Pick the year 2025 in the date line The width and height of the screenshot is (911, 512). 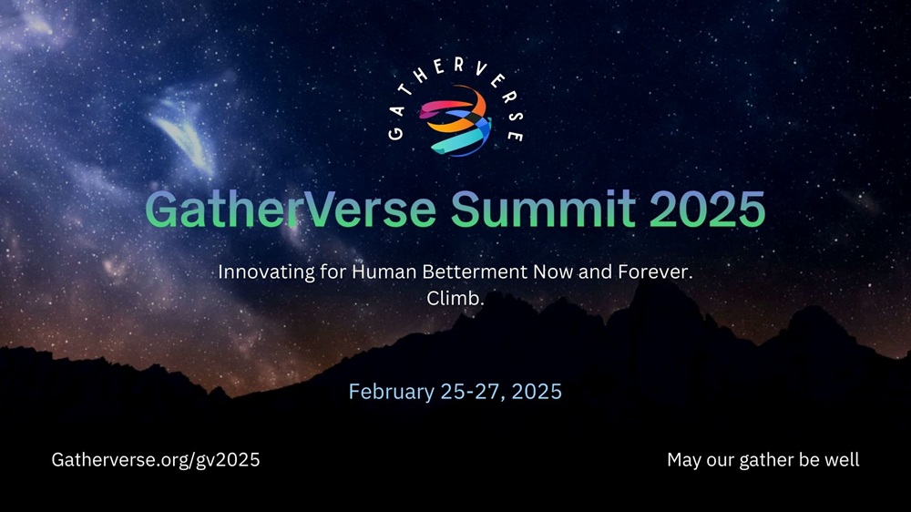[537, 393]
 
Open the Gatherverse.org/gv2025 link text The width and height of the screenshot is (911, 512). [156, 460]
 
